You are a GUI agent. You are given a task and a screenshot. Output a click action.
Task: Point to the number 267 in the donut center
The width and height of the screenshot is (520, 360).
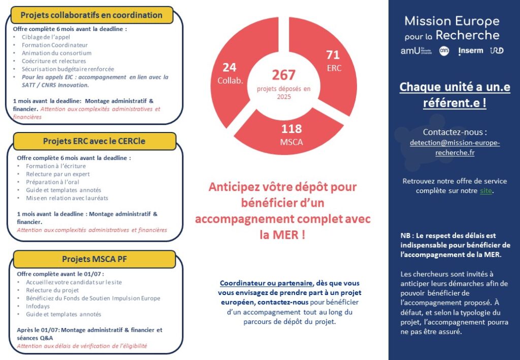pos(283,75)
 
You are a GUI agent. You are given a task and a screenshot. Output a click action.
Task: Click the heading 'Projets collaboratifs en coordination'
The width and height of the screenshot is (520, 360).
pos(91,15)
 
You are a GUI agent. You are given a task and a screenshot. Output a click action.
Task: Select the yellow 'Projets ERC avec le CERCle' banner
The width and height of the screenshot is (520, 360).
pos(94,141)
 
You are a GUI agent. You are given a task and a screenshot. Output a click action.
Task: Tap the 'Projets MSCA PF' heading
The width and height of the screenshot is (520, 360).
pos(94,259)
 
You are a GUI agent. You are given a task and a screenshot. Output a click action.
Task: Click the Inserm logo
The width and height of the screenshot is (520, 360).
pos(470,51)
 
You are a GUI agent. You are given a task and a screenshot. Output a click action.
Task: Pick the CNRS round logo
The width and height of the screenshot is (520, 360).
pos(444,51)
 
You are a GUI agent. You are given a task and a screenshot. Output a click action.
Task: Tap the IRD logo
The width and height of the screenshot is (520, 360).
pos(497,51)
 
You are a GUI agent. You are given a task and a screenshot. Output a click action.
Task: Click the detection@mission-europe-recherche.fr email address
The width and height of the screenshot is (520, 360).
pos(454,148)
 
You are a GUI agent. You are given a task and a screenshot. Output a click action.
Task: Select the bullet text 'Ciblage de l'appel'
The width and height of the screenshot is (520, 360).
pos(46,37)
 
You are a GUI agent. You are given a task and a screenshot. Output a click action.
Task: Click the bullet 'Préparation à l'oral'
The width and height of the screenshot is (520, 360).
pos(50,182)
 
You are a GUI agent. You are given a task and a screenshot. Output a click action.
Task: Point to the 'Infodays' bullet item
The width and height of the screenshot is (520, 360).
pos(37,306)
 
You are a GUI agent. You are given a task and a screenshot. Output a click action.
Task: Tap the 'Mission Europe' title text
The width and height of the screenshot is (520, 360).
pos(451,21)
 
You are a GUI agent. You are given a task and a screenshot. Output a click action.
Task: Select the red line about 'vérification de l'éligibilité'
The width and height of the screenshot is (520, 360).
pos(82,346)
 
